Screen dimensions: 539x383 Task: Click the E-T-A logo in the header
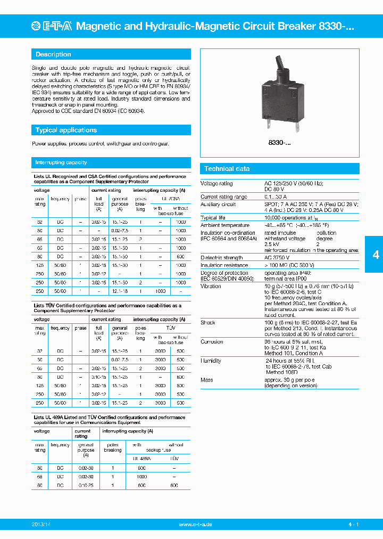click(54, 26)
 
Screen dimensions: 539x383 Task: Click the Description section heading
click(53, 54)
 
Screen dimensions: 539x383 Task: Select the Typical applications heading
click(66, 130)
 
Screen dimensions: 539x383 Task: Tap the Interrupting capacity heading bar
click(61, 162)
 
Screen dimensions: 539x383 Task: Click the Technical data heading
click(227, 169)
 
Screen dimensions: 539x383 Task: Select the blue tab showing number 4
click(376, 255)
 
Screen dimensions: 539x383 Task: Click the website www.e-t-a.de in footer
click(195, 525)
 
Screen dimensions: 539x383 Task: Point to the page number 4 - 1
click(354, 525)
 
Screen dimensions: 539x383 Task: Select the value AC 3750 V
click(279, 258)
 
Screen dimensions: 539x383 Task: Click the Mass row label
click(206, 380)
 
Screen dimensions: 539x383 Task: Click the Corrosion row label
click(212, 342)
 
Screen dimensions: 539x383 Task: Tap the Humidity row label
click(211, 361)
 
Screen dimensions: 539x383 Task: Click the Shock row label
click(207, 323)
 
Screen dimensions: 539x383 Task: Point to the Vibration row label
click(211, 286)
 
